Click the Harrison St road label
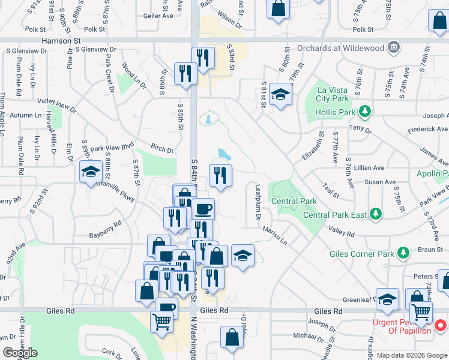(61, 41)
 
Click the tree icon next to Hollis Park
(364, 111)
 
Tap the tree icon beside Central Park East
(376, 214)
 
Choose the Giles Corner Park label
(362, 254)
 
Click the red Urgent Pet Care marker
(440, 326)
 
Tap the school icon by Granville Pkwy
(91, 173)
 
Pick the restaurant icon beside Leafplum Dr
(220, 175)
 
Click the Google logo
(20, 352)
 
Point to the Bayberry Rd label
(105, 223)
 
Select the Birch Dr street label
(161, 150)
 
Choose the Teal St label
(331, 191)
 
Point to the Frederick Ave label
(427, 129)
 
